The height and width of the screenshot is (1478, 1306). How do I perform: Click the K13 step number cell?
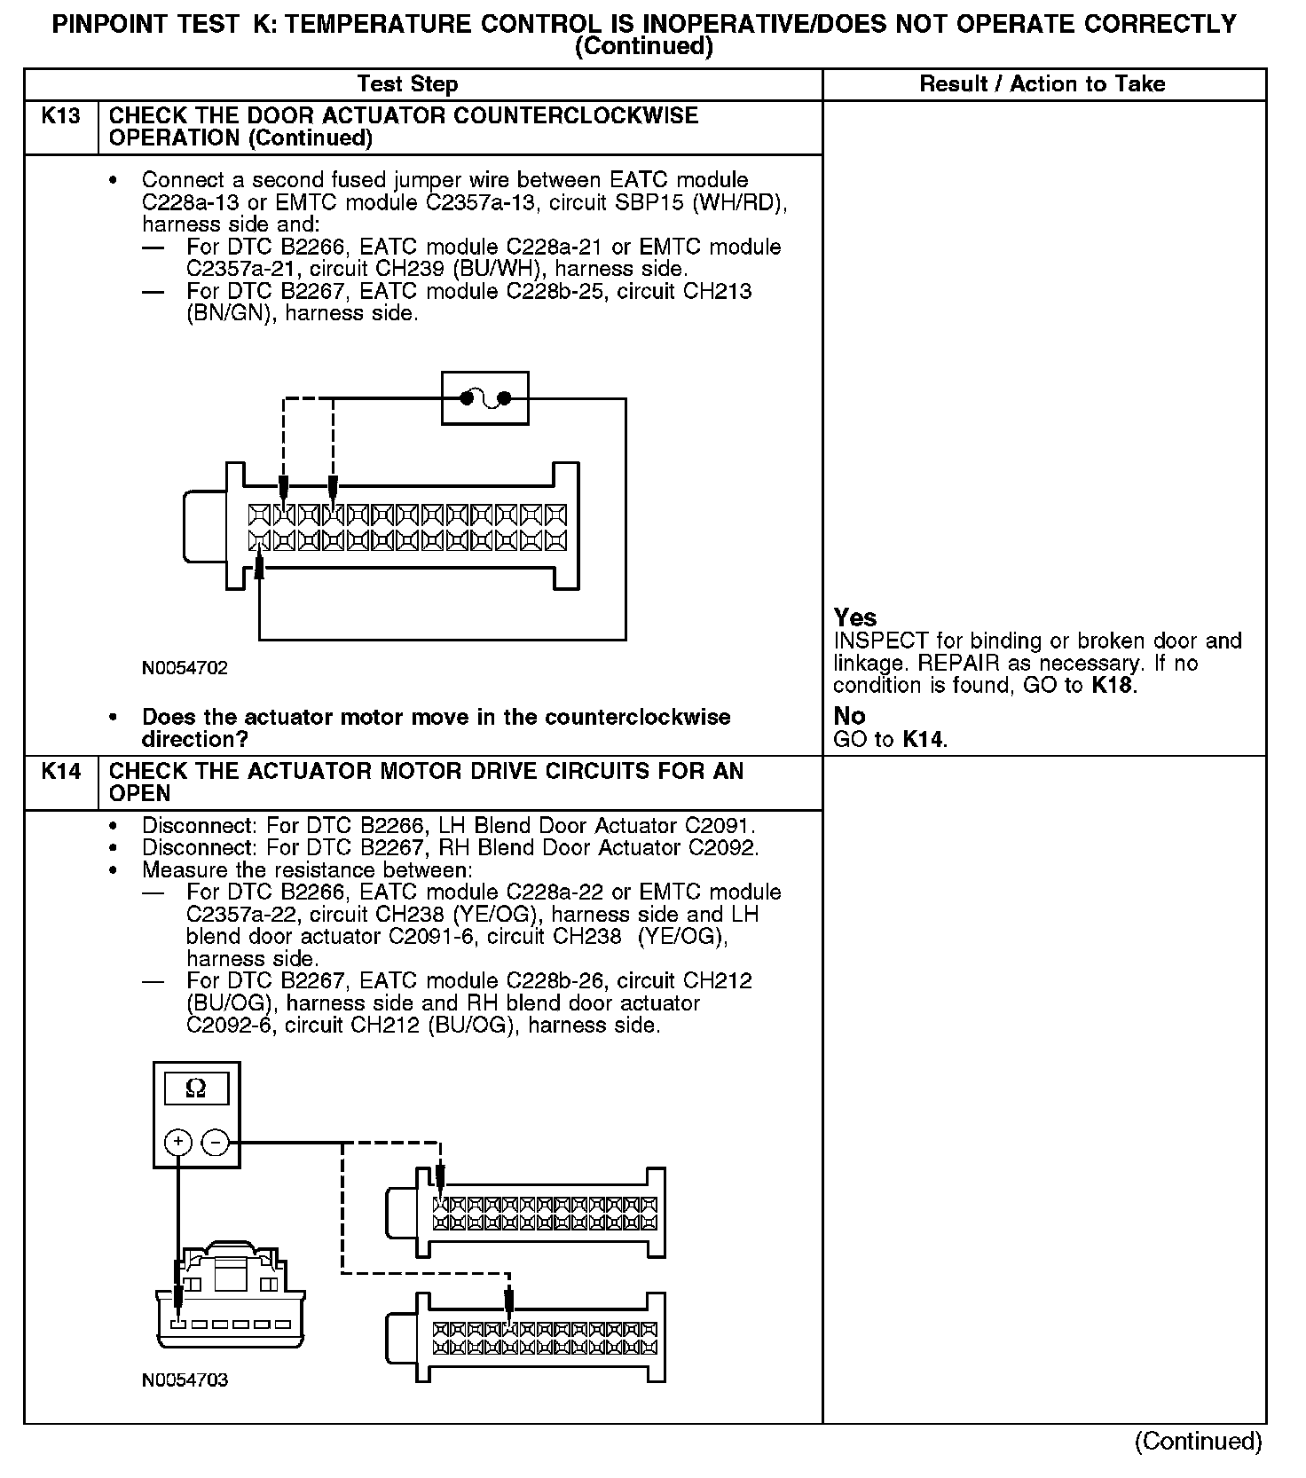60,117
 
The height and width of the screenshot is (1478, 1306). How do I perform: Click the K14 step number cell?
60,772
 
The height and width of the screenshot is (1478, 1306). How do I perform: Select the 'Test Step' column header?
407,84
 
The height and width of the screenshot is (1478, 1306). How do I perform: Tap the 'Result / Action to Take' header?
1042,84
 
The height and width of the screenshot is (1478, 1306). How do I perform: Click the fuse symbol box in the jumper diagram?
484,398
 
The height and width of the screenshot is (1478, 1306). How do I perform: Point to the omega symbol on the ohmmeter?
196,1089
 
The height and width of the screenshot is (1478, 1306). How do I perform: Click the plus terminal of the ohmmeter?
178,1142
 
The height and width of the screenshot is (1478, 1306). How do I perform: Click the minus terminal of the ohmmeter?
215,1142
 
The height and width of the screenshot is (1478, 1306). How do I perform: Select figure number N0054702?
185,668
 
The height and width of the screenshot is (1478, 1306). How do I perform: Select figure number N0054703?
185,1380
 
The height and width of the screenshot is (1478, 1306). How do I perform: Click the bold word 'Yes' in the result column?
855,617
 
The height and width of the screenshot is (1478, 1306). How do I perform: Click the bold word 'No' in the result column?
849,716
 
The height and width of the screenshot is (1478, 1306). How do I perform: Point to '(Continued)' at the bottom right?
1198,1442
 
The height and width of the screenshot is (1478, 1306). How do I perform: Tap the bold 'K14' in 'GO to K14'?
924,739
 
